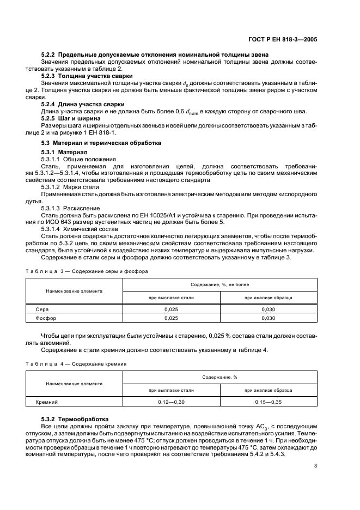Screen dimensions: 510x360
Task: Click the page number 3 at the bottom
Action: pos(315,465)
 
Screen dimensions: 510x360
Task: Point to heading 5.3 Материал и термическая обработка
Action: pos(101,143)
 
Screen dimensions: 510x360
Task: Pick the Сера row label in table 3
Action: pos(42,309)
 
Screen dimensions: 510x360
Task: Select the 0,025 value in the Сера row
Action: pos(171,309)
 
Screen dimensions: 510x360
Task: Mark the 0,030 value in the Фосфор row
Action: pos(268,318)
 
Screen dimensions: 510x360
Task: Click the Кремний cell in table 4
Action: pos(47,402)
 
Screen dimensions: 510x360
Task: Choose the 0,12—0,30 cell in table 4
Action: pos(171,402)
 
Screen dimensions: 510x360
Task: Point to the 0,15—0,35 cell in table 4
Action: pos(268,402)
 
